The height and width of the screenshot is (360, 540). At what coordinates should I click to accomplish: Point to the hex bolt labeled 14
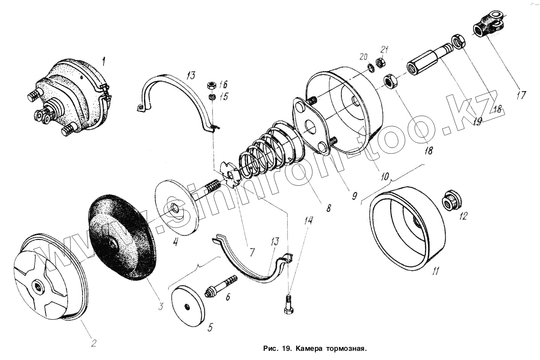coord(289,305)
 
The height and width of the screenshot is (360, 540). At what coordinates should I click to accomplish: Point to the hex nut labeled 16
coord(211,85)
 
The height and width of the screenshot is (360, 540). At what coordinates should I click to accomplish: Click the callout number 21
coord(384,50)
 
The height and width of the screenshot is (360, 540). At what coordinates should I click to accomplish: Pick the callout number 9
coord(354,196)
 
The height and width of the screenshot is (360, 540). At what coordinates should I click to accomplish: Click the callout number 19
coord(477,121)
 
